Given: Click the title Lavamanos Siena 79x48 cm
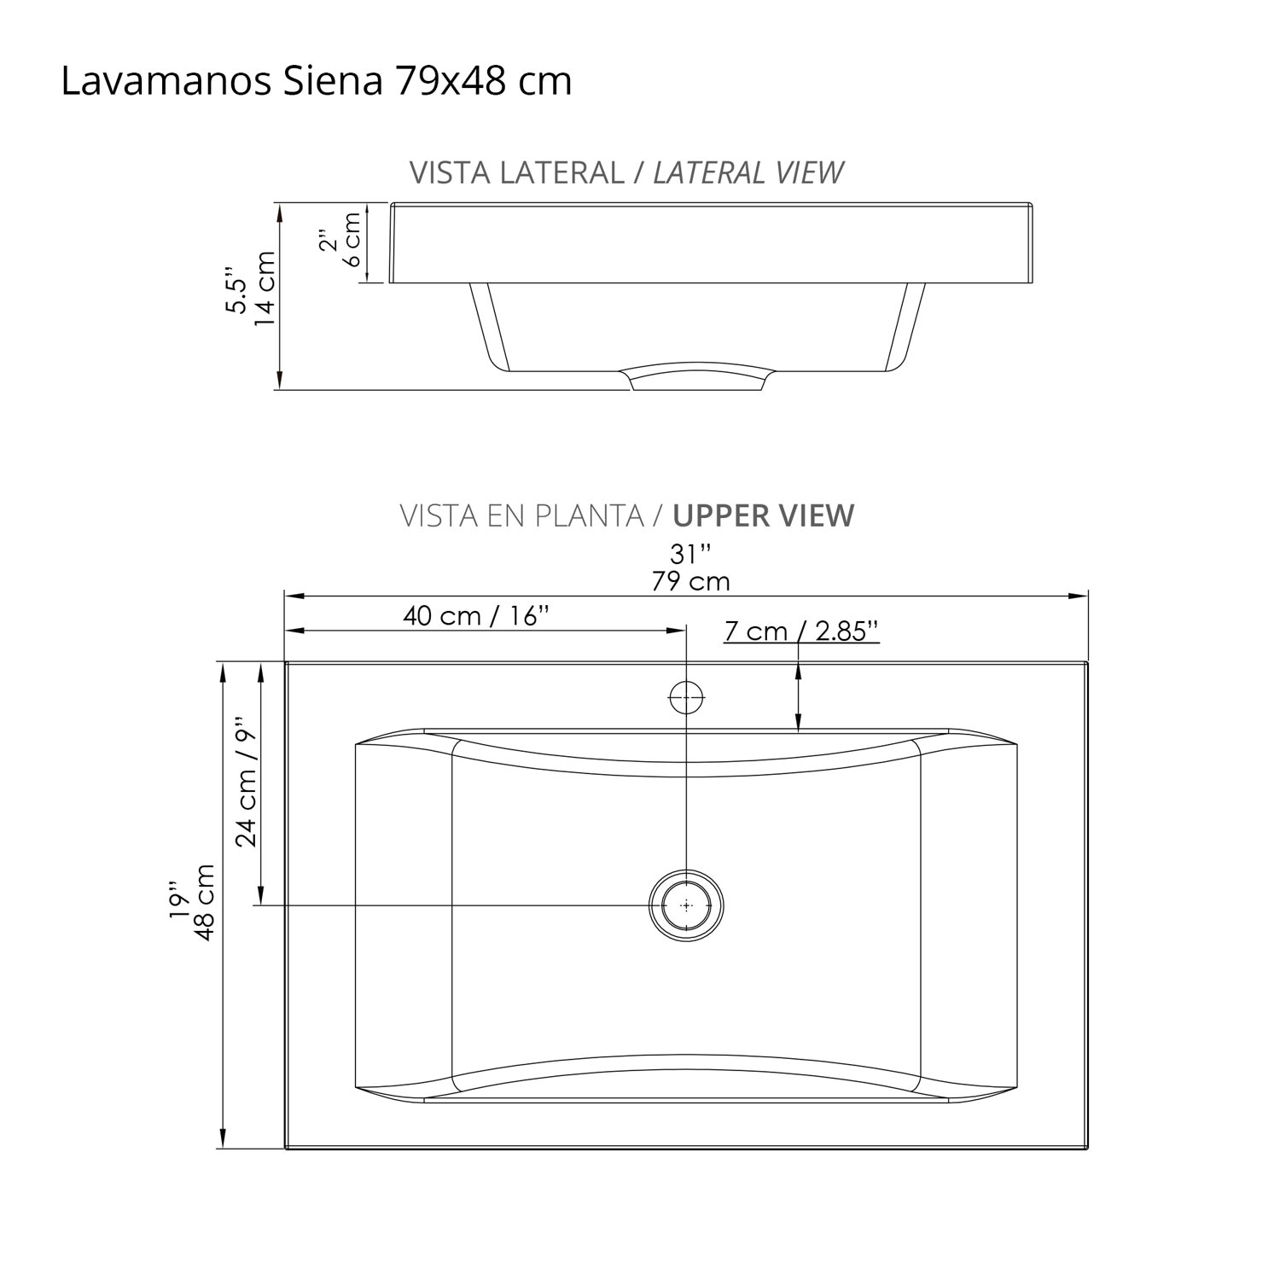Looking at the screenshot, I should pyautogui.click(x=317, y=83).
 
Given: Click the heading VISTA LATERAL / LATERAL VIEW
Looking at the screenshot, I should pyautogui.click(x=626, y=172).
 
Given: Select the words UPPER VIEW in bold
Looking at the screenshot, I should pyautogui.click(x=763, y=516).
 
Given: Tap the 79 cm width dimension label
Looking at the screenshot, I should pyautogui.click(x=690, y=582).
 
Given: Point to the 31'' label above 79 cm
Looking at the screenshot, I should pyautogui.click(x=690, y=555).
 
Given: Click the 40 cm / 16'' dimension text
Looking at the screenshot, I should pyautogui.click(x=476, y=616).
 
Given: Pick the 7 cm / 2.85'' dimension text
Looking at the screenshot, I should pyautogui.click(x=800, y=631).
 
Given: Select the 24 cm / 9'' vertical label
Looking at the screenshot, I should pyautogui.click(x=247, y=782).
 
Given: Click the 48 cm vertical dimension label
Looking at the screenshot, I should pyautogui.click(x=206, y=903).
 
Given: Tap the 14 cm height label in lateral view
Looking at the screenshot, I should pyautogui.click(x=265, y=288).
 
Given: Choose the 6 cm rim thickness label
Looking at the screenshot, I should pyautogui.click(x=352, y=240).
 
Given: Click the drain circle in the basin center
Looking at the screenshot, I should pyautogui.click(x=686, y=905).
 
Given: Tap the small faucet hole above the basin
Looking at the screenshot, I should pyautogui.click(x=686, y=698).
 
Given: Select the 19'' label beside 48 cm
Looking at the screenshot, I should pyautogui.click(x=178, y=901).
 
